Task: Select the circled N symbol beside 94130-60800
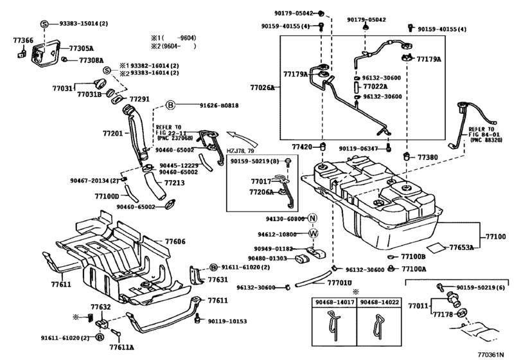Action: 312,219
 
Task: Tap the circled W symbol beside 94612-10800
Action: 313,234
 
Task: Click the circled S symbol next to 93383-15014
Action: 44,24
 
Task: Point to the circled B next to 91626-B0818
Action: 170,105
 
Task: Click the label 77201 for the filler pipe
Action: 112,134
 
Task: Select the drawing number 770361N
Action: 491,354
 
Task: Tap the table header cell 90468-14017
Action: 334,302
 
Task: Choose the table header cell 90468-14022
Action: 379,302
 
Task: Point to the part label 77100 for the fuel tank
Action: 496,237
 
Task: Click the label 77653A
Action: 461,248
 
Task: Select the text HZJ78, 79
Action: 240,151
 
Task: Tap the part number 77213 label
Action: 175,183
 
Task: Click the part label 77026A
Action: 263,88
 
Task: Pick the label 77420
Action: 302,147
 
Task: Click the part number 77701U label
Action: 339,283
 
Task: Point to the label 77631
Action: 218,280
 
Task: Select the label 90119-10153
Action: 227,321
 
